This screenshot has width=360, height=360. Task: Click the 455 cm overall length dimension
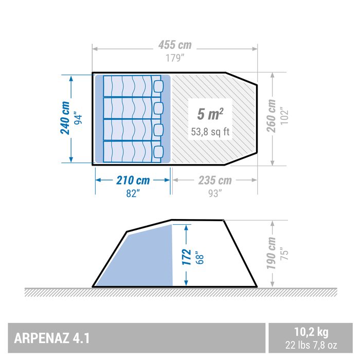174,46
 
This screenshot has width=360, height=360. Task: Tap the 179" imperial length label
174,58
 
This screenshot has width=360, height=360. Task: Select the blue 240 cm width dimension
65,118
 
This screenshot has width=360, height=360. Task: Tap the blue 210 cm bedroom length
132,181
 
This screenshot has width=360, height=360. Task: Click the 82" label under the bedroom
132,193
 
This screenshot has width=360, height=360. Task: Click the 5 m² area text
210,114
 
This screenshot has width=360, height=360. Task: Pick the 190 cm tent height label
272,253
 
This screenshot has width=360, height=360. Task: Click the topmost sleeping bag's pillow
157,85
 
